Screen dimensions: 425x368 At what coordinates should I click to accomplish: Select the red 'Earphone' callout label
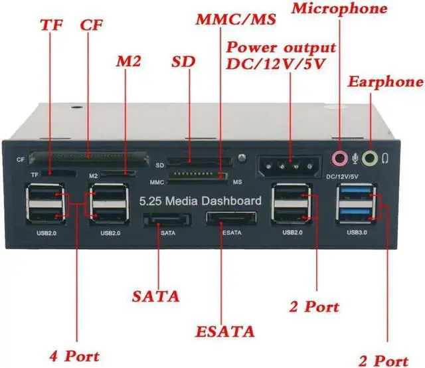385,82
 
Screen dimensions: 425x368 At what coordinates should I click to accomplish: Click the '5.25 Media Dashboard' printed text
199,201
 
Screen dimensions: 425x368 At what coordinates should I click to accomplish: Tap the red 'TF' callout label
50,26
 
